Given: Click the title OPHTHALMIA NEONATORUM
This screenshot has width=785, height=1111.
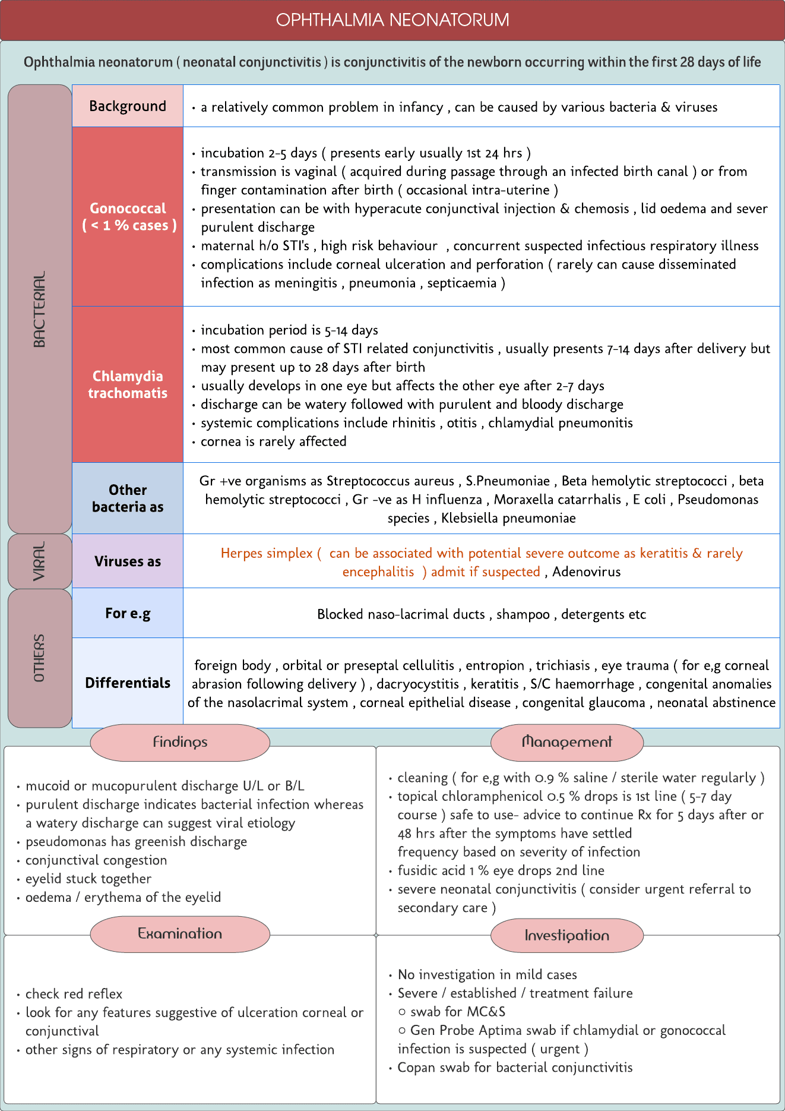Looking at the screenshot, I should [x=392, y=20].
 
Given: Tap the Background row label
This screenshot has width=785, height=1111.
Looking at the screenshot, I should [x=128, y=106].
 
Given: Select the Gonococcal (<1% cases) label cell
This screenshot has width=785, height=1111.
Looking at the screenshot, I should [x=128, y=217].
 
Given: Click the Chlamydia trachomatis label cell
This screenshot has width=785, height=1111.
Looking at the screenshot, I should [x=128, y=384].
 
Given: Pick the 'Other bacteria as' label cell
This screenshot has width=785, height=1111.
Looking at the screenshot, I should [x=128, y=498].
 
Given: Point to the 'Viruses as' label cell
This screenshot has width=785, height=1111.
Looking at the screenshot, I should [x=128, y=561].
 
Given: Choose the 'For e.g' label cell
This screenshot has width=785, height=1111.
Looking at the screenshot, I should [x=128, y=613].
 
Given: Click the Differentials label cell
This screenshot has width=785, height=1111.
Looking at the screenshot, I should [x=128, y=683].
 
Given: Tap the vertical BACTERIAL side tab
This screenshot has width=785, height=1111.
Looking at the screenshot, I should [x=39, y=309].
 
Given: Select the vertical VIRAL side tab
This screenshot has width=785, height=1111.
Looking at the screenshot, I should [x=39, y=561].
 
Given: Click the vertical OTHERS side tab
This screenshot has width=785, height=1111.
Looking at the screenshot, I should [x=39, y=658].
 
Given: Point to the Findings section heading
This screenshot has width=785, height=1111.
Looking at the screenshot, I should [x=180, y=742].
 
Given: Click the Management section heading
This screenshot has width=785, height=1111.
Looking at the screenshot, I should [x=566, y=742].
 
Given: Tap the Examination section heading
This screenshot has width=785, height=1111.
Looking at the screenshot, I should [x=180, y=933].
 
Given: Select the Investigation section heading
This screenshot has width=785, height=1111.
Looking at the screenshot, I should [x=566, y=935].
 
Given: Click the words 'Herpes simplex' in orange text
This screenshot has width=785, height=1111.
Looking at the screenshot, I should [x=267, y=553].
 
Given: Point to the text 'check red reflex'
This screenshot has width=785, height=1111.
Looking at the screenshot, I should [x=74, y=994].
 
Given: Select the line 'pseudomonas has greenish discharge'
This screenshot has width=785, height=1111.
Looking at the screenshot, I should [x=136, y=841].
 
